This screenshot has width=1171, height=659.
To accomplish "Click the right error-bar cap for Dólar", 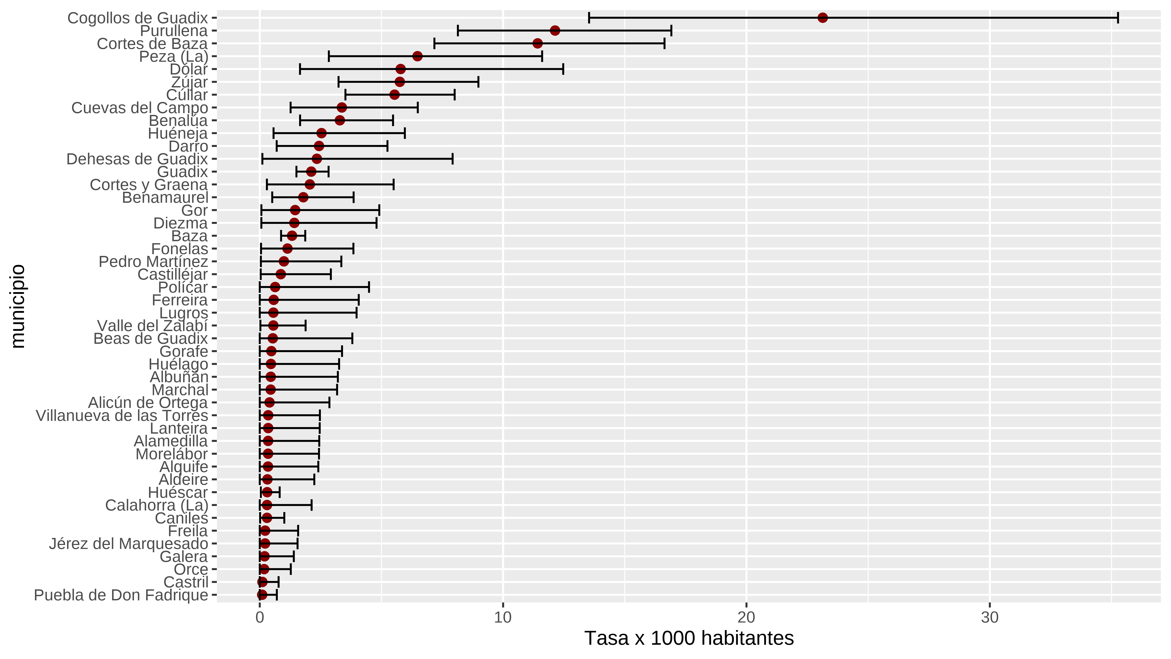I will [563, 69].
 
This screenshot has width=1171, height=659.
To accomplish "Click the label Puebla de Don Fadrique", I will [121, 595].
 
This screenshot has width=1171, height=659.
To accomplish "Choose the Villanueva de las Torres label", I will [122, 415].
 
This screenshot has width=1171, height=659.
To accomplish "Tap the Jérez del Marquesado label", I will [129, 543].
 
